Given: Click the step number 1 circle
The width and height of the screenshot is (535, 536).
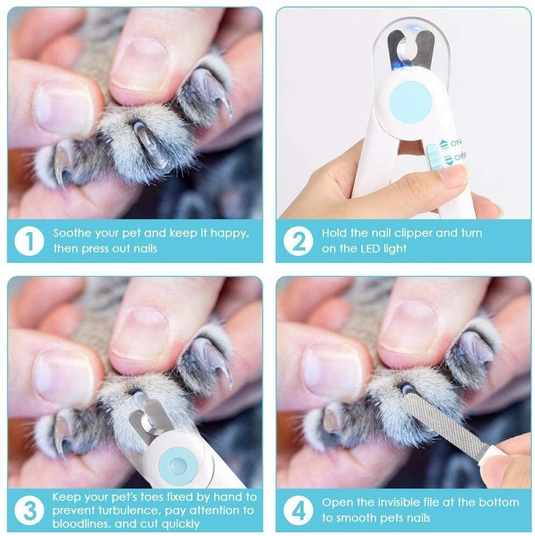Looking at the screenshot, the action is (30, 241).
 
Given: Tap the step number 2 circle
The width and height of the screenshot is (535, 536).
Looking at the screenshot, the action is (298, 241).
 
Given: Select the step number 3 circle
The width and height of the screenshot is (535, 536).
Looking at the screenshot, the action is (30, 511).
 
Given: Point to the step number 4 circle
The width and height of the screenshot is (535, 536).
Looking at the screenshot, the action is (298, 511).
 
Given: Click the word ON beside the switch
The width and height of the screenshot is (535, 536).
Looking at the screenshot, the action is (456, 143).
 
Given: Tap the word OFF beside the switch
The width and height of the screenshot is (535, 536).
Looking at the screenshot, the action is (461, 157).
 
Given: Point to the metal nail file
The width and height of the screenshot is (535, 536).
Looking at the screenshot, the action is (444, 427).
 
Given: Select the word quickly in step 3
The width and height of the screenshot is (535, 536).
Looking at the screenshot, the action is (180, 524).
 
